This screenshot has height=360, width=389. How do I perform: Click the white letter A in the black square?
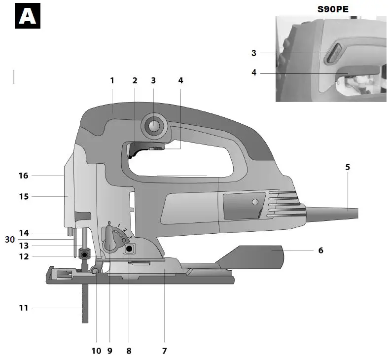coord(28,16)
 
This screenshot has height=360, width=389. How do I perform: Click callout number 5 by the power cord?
coord(348,167)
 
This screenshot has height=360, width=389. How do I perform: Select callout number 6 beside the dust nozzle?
coord(320,251)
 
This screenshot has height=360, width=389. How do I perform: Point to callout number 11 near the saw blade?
coord(23,308)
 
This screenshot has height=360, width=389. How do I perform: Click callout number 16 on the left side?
coord(23,175)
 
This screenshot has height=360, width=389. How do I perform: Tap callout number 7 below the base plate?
coord(165,351)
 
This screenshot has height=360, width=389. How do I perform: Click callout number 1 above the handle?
coord(112,80)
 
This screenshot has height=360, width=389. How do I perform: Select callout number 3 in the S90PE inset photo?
coord(254,52)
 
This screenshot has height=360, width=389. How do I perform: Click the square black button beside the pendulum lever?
coord(130,249)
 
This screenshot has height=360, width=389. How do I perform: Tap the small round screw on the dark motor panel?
coord(254,202)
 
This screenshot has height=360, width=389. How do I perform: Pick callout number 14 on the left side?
coord(23,233)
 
